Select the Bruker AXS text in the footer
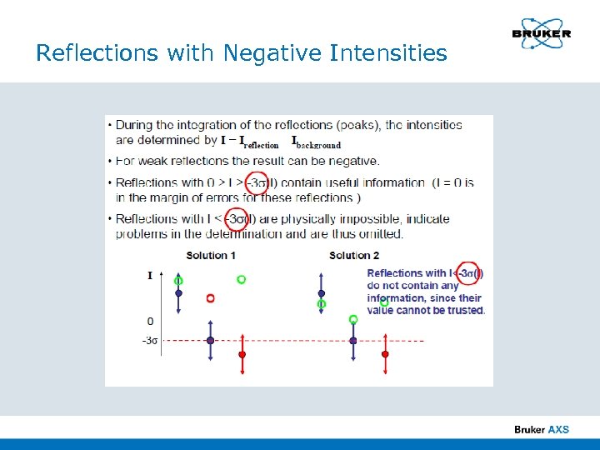click(x=542, y=429)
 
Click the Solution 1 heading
click(x=210, y=255)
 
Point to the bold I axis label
click(x=150, y=276)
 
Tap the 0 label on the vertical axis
click(x=150, y=321)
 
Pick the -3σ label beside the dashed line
click(x=149, y=340)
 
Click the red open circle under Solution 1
click(x=210, y=297)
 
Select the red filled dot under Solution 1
click(x=242, y=354)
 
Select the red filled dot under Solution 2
click(x=385, y=354)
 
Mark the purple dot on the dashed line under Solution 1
click(x=210, y=340)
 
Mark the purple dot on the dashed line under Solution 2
click(x=353, y=340)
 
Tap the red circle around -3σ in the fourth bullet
click(x=236, y=219)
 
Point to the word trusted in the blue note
click(x=467, y=310)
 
